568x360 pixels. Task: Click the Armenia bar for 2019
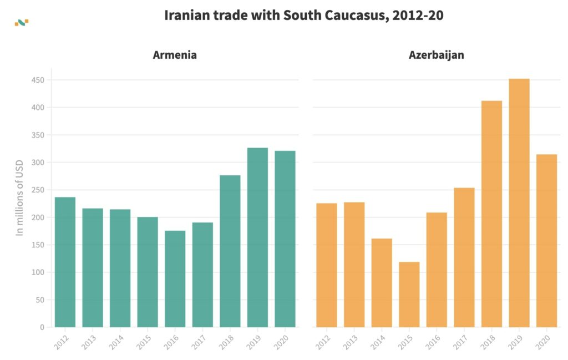[x=257, y=237]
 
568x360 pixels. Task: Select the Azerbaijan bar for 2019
[x=519, y=203]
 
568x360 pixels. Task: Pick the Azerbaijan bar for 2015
[x=409, y=295]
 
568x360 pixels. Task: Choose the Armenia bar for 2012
[x=65, y=262]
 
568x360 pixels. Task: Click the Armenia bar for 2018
[x=230, y=251]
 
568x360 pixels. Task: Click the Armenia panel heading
[x=175, y=55]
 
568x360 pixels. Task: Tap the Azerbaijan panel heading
[x=437, y=55]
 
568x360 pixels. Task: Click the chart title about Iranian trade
[x=304, y=16]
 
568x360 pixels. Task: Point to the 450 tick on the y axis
[x=38, y=80]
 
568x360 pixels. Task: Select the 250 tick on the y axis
[x=38, y=190]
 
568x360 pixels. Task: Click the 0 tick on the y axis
[x=42, y=327]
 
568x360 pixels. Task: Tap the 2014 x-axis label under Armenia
[x=116, y=342]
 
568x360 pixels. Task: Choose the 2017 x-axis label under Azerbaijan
[x=461, y=342]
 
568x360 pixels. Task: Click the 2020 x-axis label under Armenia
[x=282, y=342]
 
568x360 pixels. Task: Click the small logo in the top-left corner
[x=21, y=23]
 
